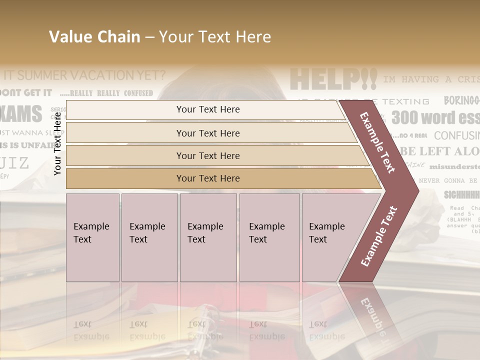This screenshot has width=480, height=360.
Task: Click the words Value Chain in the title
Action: (94, 37)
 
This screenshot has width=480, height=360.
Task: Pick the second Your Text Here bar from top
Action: (207, 133)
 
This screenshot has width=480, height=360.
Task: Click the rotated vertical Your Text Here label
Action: (57, 143)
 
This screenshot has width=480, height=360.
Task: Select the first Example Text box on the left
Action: (92, 237)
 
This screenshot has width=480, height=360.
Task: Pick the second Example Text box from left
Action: (149, 237)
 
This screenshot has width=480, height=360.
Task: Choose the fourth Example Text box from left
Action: (269, 237)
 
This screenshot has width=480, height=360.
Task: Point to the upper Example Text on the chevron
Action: (377, 142)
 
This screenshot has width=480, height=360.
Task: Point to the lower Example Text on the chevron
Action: (379, 236)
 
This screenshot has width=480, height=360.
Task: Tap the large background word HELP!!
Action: (333, 79)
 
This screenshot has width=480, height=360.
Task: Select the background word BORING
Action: (460, 100)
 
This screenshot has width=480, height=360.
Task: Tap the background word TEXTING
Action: (405, 101)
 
